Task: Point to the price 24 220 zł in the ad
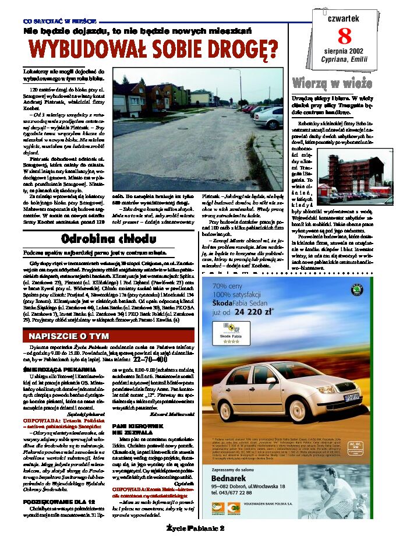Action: point(253,312)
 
